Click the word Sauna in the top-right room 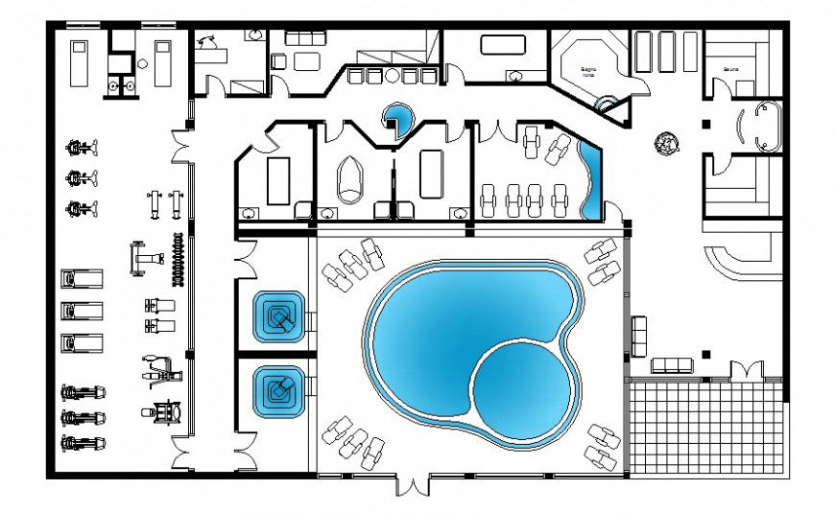pos(732,69)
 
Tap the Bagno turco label pos(589,69)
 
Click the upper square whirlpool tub pos(278,315)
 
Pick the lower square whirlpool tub pos(278,391)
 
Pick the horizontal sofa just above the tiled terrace pos(672,364)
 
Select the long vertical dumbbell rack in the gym pos(176,260)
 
